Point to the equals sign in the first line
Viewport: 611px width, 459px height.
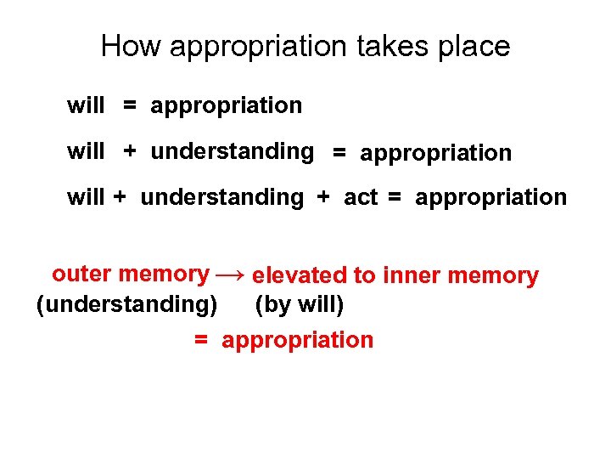click(x=129, y=106)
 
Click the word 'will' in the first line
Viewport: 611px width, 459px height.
click(x=86, y=105)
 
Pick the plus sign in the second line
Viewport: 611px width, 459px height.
click(x=129, y=152)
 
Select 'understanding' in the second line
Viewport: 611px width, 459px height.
click(x=232, y=152)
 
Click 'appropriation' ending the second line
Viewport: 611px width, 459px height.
click(x=435, y=154)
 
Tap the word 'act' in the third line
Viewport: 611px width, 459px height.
click(x=361, y=198)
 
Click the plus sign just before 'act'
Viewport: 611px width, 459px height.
click(x=323, y=198)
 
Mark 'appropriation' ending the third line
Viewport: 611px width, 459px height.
click(x=490, y=198)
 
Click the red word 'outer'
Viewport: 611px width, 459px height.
click(x=82, y=274)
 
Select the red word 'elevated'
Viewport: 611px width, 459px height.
click(x=300, y=275)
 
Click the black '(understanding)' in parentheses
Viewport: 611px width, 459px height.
click(x=126, y=303)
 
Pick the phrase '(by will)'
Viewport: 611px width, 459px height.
click(x=299, y=303)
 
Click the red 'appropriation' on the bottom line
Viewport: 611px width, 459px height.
click(x=297, y=340)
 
